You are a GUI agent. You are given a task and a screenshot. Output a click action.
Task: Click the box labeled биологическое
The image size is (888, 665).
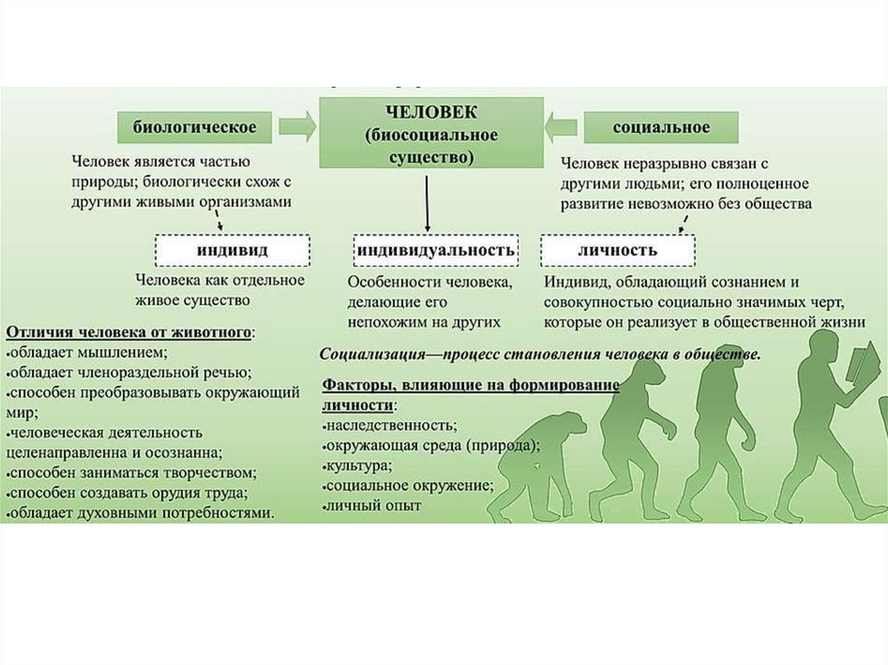(193, 127)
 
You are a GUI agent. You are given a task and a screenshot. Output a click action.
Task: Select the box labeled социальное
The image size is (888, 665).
(661, 127)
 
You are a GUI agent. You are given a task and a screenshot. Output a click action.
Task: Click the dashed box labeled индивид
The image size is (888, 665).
(232, 250)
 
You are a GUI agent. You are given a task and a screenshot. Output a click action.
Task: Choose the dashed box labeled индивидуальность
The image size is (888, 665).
(436, 250)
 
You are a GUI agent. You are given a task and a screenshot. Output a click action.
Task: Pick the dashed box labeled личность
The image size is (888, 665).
(617, 250)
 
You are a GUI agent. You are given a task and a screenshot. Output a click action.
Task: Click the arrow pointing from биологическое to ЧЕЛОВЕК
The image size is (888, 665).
(297, 128)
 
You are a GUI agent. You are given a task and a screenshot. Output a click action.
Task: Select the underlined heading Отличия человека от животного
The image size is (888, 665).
(131, 332)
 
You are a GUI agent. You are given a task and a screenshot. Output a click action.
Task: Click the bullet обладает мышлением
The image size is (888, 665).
(86, 352)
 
